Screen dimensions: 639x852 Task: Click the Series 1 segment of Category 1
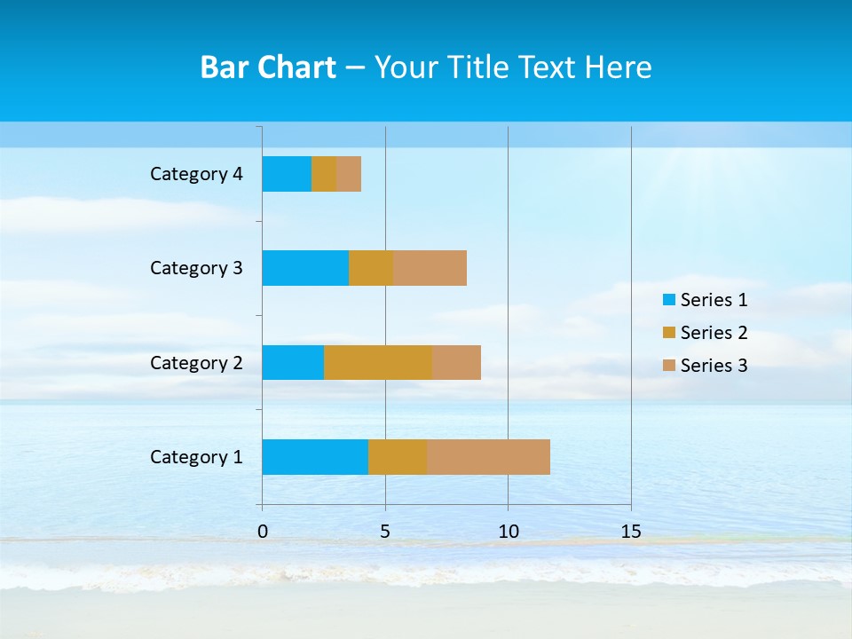(x=315, y=457)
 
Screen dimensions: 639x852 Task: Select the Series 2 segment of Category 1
(x=398, y=457)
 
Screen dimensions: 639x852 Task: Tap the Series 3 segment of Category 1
(x=488, y=457)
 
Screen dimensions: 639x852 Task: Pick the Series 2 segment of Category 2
(x=378, y=362)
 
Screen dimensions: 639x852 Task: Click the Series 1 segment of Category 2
(x=293, y=362)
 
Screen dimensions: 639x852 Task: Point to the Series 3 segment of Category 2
(x=456, y=362)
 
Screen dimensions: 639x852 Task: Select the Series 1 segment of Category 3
(x=305, y=268)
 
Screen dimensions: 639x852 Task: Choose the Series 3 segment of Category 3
(x=430, y=268)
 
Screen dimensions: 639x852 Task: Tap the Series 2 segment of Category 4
(x=324, y=174)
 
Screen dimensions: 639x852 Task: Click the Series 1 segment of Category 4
(x=287, y=174)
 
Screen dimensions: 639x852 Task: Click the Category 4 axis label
(x=196, y=174)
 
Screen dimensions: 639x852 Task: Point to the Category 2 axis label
(x=196, y=363)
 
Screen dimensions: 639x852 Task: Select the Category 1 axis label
(x=196, y=457)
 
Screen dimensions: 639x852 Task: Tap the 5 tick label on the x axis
(x=385, y=532)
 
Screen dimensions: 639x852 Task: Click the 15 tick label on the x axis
(x=630, y=532)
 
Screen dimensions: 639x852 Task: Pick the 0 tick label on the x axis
(x=263, y=532)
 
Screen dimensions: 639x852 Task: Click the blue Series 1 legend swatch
(x=669, y=300)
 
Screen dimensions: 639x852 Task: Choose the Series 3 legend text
(x=714, y=366)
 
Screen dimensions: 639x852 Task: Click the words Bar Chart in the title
(x=268, y=67)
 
